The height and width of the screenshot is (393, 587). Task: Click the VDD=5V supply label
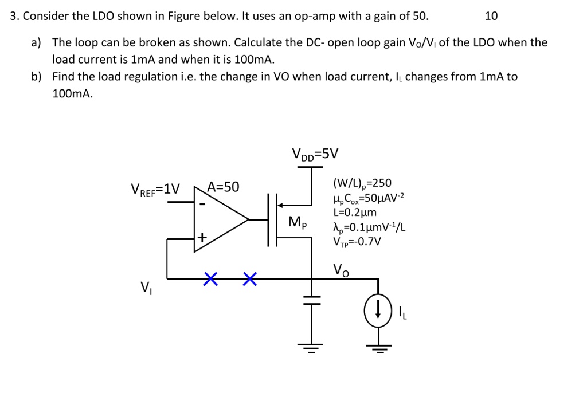(315, 154)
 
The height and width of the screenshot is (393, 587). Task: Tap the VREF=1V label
(155, 188)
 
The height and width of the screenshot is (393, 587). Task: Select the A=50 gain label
(223, 187)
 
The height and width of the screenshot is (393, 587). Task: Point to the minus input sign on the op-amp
(202, 203)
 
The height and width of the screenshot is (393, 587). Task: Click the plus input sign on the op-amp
(202, 237)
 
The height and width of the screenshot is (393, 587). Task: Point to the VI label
(146, 286)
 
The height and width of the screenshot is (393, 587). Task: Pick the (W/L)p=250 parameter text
(362, 183)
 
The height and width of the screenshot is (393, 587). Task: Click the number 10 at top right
(491, 16)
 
